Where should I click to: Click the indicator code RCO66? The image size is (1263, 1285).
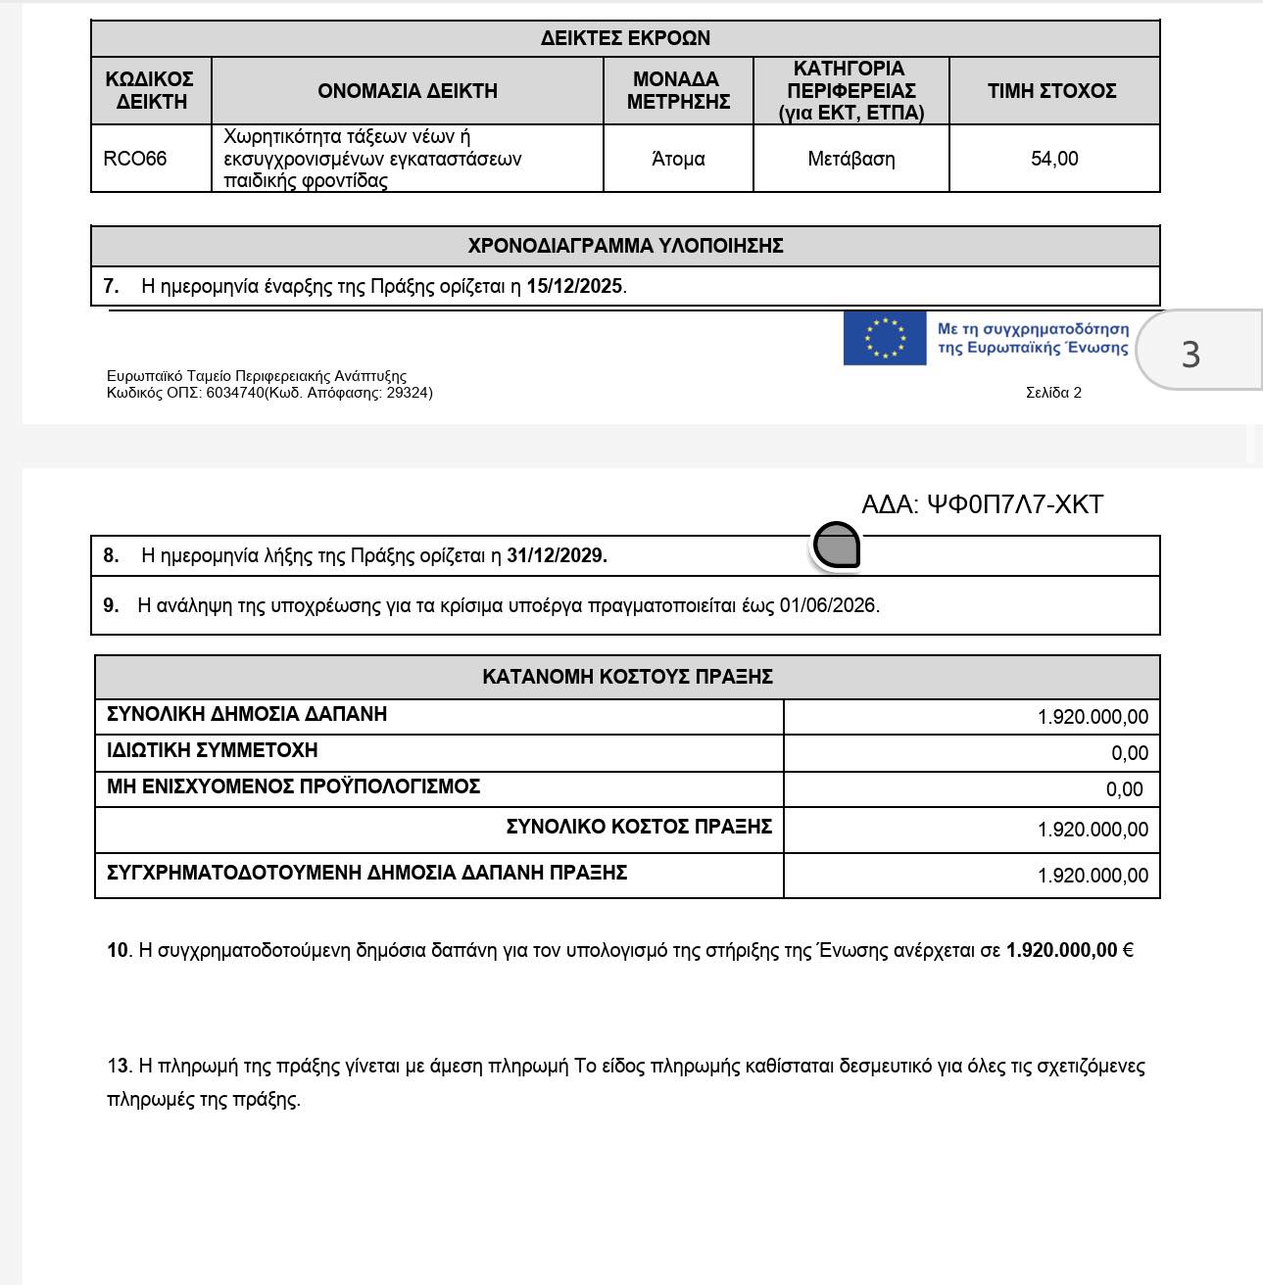135,159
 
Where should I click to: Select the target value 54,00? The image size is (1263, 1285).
1054,159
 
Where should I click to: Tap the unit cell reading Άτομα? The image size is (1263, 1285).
678,159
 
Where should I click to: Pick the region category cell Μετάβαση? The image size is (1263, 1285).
851,159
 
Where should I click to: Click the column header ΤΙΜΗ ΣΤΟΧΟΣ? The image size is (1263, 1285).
1051,91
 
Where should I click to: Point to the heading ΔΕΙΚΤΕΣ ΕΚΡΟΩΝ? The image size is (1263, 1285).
625,38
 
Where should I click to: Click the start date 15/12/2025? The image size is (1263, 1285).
574,287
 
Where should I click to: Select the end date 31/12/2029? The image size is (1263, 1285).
557,555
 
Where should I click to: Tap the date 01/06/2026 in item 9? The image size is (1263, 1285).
829,605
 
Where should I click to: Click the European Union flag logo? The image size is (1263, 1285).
885,338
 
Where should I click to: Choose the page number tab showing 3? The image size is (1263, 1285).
1190,353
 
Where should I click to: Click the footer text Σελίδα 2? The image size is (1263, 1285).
1053,393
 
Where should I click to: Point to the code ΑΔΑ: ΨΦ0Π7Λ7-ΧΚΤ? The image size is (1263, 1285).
982,504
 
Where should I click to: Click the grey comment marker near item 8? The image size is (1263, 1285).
837,546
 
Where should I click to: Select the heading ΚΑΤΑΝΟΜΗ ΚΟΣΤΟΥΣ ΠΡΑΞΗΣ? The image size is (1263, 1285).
627,677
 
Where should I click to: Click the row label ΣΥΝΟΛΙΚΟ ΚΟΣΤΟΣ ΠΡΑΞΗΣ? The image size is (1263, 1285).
639,827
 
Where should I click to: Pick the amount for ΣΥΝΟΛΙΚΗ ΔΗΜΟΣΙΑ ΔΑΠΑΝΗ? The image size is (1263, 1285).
1093,717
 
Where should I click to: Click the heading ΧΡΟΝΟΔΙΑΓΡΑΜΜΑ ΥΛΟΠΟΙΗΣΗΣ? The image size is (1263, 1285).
625,246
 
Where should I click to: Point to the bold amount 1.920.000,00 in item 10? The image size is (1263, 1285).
1061,950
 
